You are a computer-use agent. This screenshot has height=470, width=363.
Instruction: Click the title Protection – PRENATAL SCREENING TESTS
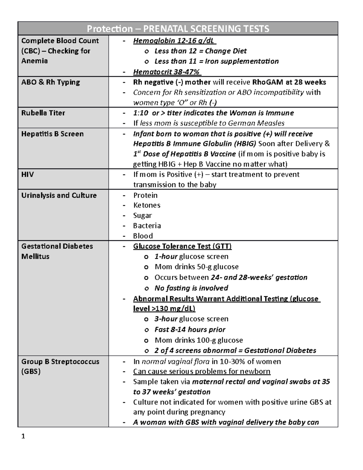178,29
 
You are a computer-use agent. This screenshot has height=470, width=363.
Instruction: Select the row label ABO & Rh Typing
51,82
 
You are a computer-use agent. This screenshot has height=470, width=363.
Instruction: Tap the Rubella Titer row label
43,113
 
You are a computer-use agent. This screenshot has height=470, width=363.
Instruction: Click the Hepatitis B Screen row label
52,134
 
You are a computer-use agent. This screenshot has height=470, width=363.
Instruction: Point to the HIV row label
28,174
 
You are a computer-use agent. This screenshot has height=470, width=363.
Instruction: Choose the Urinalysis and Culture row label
59,195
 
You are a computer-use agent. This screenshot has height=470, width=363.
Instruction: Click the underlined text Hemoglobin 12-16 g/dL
175,41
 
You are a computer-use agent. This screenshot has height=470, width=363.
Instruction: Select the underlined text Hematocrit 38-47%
167,72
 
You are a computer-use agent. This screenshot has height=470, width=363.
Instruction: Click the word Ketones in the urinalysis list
147,205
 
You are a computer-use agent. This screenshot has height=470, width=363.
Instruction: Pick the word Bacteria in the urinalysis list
147,226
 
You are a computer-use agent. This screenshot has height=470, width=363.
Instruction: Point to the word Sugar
142,215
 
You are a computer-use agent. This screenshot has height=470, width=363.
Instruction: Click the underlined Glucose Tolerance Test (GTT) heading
182,246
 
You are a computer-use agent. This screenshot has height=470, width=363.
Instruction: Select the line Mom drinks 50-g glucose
196,267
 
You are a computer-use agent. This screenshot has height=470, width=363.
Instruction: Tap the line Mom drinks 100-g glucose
198,340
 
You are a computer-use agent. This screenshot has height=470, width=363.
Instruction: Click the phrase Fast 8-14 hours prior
190,330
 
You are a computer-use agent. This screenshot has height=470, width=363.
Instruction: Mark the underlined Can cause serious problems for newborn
201,371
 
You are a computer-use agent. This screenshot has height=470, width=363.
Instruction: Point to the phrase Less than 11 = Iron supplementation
216,61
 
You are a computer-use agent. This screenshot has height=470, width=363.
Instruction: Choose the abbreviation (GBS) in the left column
31,371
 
